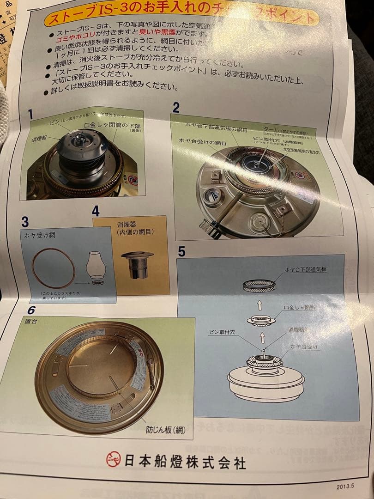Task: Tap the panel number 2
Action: pyautogui.click(x=176, y=108)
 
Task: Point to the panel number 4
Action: pyautogui.click(x=96, y=211)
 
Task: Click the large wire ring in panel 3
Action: pyautogui.click(x=53, y=268)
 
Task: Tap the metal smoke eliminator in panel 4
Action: pyautogui.click(x=137, y=265)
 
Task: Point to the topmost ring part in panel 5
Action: pyautogui.click(x=259, y=286)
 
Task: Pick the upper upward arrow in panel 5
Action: pyautogui.click(x=260, y=304)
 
